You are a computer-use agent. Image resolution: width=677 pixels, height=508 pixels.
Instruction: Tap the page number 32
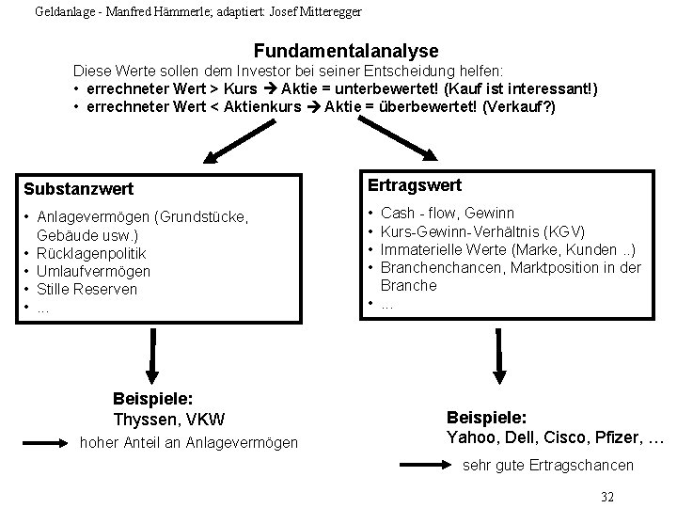(x=606, y=496)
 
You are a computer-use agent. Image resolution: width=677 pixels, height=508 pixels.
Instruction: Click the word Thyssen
(x=141, y=418)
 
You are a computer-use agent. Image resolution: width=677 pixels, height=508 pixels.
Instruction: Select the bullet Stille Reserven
(x=87, y=289)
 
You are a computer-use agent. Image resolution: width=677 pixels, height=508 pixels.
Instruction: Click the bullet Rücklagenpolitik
(x=91, y=253)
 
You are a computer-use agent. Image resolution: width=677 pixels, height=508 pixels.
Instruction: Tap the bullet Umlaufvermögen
(x=93, y=271)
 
